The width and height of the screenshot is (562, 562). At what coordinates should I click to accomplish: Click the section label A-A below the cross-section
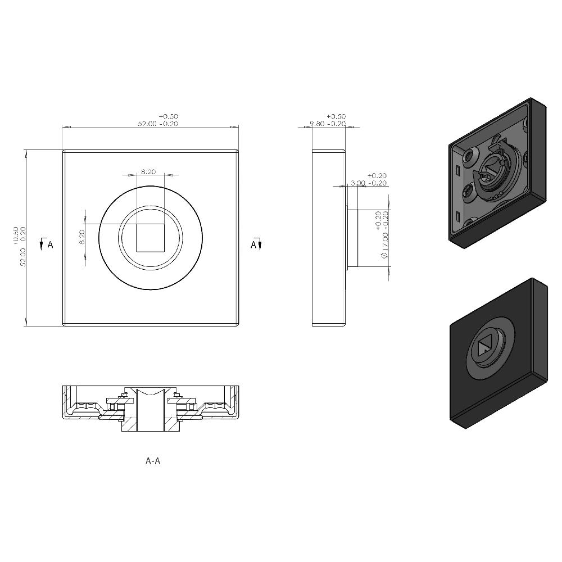point(153,461)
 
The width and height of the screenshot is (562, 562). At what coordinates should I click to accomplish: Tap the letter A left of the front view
point(50,244)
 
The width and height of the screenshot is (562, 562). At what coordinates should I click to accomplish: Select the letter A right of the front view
point(253,244)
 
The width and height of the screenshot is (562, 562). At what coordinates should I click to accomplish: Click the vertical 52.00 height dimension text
point(23,256)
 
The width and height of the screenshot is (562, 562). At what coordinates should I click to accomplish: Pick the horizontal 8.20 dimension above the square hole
point(148,171)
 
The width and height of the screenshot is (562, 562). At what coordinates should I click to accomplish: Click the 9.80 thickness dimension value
point(319,124)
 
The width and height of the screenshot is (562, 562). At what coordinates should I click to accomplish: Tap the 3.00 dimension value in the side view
point(358,183)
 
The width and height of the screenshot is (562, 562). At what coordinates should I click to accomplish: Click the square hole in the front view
point(150,237)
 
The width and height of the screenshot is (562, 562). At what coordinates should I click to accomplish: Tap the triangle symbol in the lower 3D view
point(483,347)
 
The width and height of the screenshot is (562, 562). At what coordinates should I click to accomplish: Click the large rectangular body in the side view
point(328,238)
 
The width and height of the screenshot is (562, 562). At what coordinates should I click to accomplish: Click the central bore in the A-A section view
point(150,413)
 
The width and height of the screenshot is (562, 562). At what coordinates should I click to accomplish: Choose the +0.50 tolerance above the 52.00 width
point(168,116)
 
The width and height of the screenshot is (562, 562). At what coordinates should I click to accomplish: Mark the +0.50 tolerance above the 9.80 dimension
point(336,116)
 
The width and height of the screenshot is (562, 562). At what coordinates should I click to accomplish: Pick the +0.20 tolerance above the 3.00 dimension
point(377,176)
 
